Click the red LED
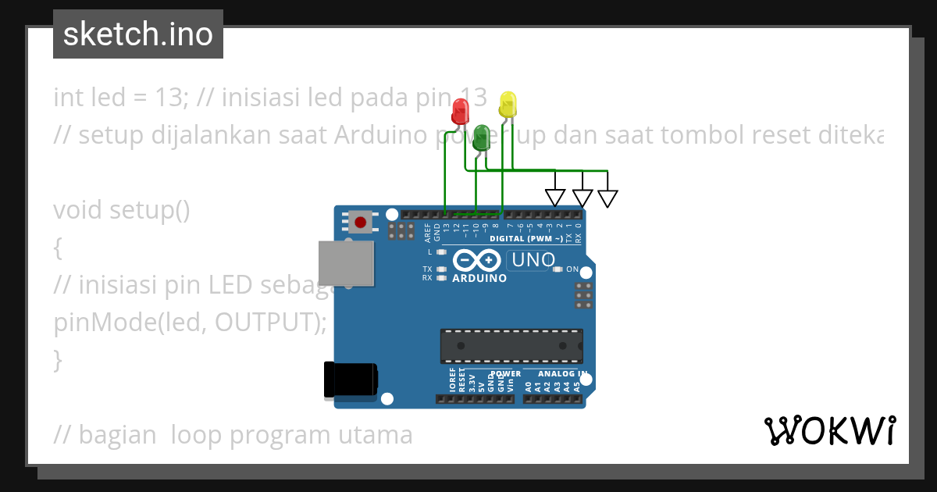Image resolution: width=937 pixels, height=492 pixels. [461, 109]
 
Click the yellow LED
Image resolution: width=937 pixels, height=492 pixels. [508, 104]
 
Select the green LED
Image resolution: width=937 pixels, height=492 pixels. [481, 134]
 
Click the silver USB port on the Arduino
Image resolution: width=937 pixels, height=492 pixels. [345, 262]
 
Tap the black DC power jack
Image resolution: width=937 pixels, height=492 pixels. [351, 380]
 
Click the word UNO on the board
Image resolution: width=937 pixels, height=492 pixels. [532, 260]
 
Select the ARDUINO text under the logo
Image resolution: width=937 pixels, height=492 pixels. [479, 278]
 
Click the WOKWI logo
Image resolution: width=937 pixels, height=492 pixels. [829, 430]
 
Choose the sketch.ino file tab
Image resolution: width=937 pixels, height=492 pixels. [138, 34]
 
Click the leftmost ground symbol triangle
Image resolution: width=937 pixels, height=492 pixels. [555, 198]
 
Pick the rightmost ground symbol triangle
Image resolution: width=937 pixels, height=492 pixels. [607, 198]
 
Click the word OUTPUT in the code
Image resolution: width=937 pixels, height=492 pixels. [270, 323]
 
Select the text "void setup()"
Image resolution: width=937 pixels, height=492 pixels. [122, 210]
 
